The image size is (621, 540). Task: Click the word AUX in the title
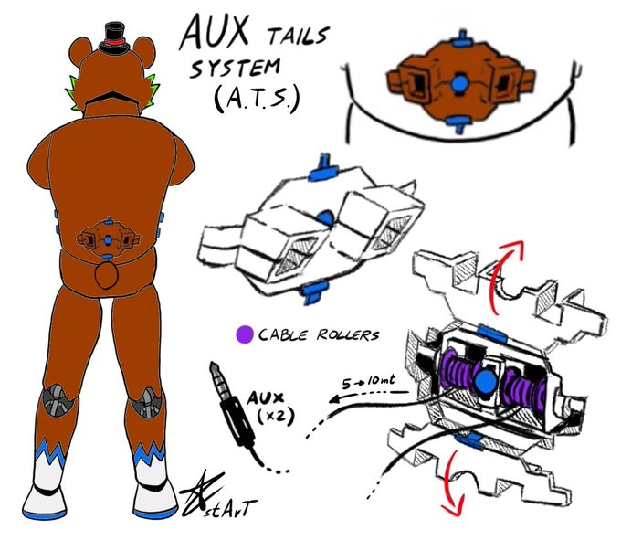[215, 35]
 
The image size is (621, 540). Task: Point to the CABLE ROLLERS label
[318, 334]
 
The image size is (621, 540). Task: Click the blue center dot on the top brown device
[461, 83]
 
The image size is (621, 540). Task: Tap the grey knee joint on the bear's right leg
[147, 402]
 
